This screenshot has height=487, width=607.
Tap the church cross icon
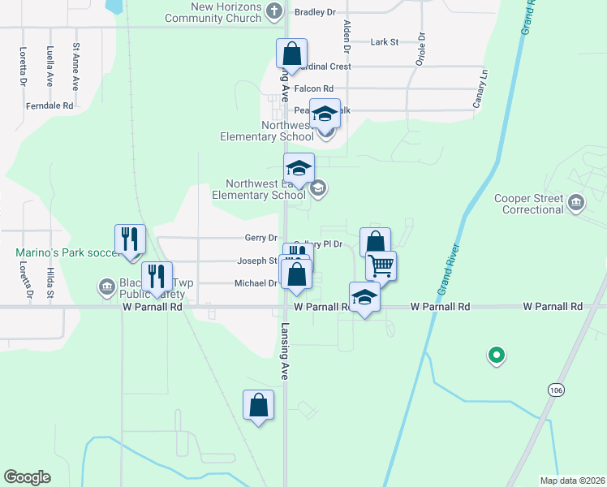click(274, 11)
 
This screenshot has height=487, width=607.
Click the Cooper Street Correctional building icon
click(575, 201)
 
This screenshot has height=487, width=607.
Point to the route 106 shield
click(554, 390)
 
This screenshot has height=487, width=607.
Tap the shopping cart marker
click(381, 265)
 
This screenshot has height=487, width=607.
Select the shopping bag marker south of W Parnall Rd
click(258, 405)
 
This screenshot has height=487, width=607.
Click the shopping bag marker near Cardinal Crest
click(291, 54)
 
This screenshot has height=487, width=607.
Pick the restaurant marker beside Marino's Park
click(130, 239)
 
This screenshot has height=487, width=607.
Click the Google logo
click(27, 477)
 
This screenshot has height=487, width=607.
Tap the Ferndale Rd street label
click(50, 106)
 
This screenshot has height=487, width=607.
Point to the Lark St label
click(384, 41)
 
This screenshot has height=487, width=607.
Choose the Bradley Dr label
click(315, 12)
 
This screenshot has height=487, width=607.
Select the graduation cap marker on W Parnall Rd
click(364, 297)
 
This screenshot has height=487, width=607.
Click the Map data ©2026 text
click(572, 481)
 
